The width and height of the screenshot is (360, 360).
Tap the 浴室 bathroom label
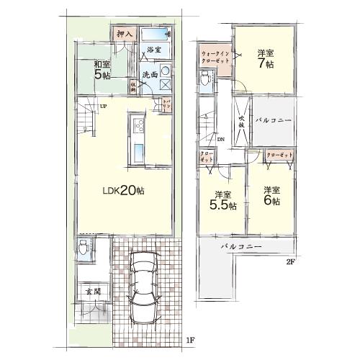point(153,49)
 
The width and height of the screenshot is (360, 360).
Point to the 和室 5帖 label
point(100,70)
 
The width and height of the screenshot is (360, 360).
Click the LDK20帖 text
point(122,191)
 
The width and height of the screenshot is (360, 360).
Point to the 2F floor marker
point(291,261)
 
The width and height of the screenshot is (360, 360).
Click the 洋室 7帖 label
point(265,58)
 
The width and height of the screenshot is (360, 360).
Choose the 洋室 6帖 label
point(271,196)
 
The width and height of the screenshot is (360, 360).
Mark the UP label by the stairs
point(103,107)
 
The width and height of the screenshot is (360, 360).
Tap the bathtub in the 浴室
point(154,35)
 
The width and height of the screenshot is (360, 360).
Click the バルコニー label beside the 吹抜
point(274,120)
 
